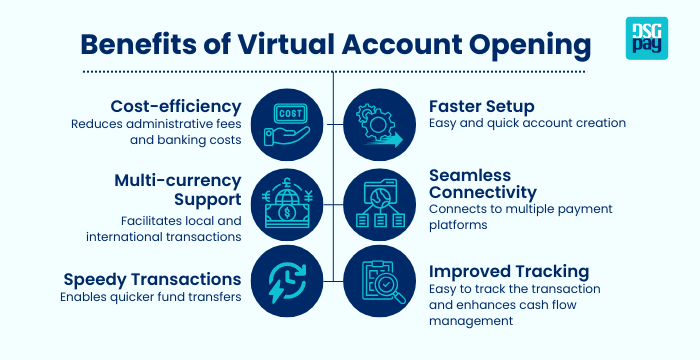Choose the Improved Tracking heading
[509, 271]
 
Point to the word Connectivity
[483, 191]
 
